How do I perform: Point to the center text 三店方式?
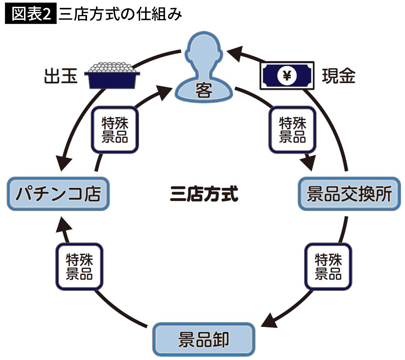(x=204, y=195)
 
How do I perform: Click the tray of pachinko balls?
(x=112, y=75)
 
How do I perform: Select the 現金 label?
(x=338, y=76)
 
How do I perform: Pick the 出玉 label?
(x=61, y=76)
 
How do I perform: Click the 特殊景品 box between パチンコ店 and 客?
(x=114, y=129)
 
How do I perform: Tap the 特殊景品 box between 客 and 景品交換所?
(x=292, y=129)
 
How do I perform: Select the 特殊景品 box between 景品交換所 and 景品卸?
(x=328, y=267)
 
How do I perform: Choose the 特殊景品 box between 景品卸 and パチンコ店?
(x=79, y=267)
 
